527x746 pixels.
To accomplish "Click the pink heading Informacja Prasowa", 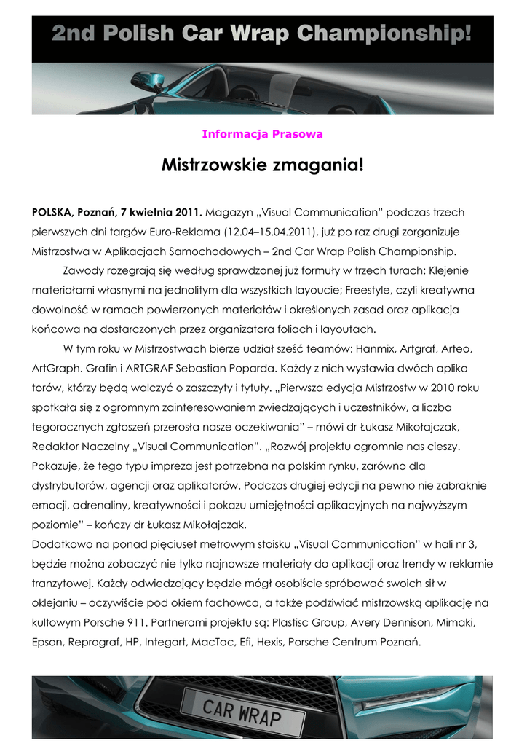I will click(x=262, y=134).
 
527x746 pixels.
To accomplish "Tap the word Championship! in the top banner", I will click(x=386, y=33).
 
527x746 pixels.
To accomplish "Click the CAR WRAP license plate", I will click(x=242, y=710).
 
